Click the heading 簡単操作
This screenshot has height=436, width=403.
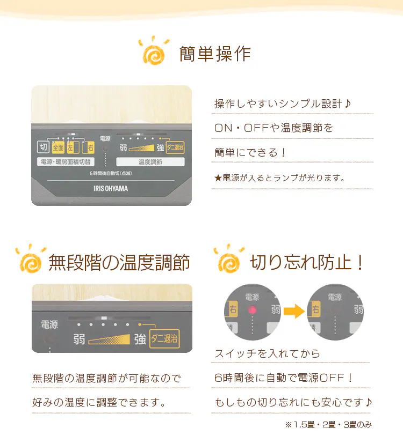215,54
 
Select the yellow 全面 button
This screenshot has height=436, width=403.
58,147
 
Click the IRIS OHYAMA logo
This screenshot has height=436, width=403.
111,189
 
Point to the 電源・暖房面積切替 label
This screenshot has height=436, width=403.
66,162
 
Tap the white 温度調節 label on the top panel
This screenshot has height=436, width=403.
150,162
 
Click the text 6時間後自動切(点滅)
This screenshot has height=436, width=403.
111,173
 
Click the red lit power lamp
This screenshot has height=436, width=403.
253,310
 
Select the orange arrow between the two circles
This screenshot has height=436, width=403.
294,311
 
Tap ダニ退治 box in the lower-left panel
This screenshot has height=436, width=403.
164,339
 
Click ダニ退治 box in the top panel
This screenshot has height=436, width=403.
175,147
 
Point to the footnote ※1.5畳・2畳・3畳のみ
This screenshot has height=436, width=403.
328,425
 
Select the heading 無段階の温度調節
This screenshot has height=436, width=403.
119,262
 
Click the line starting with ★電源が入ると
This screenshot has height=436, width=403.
280,178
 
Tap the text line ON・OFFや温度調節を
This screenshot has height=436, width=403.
274,128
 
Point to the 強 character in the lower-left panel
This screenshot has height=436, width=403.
140,339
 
